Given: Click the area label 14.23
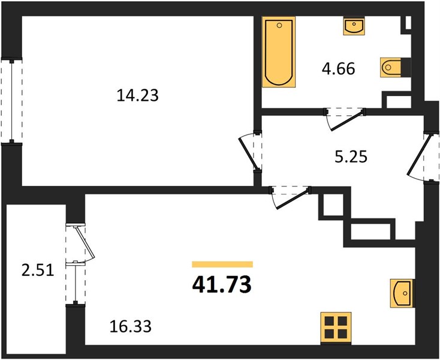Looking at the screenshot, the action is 137,95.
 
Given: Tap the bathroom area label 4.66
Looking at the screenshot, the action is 339,69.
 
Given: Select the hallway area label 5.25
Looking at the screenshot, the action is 351,157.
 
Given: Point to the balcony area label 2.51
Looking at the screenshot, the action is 38,271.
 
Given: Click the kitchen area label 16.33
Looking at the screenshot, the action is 131,326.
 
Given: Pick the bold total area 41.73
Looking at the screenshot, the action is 222,284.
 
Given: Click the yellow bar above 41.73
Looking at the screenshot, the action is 222,264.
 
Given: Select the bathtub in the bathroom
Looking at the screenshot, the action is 279,52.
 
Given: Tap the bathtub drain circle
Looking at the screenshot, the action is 279,26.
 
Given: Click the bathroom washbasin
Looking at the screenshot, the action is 354,26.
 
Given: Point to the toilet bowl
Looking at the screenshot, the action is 391,67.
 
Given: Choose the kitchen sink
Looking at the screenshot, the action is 402,293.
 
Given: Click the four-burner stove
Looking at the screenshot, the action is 336,328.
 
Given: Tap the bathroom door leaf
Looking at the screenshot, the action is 347,121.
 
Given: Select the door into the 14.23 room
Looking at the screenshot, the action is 248,153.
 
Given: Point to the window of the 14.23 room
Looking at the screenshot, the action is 11,101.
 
